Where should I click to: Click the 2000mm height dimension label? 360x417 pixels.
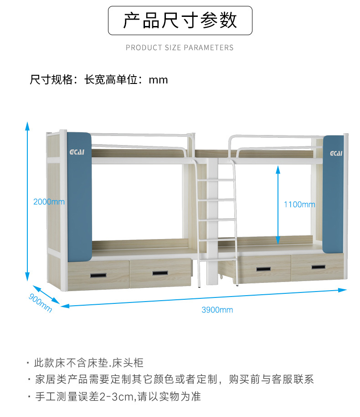49,202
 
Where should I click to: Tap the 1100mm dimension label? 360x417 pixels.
299,204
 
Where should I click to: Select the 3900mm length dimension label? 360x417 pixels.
217,310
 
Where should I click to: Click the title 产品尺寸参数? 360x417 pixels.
180,21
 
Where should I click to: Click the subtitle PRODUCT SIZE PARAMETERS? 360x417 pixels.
180,47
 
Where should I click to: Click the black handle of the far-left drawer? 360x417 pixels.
98,276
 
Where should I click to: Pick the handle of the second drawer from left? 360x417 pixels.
159,273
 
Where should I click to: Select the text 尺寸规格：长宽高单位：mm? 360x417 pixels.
99,80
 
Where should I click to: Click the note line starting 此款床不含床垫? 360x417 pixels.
89,363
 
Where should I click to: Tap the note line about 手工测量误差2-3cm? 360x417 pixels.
118,396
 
